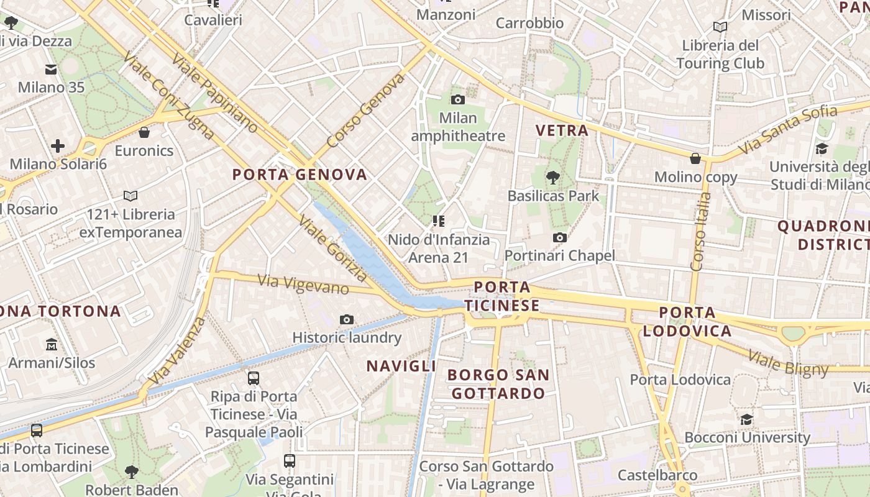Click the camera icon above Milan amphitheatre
pos(457,99)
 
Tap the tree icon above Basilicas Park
pos(552,178)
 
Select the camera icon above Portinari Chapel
pos(560,237)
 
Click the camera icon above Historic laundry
pos(347,319)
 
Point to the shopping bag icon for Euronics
pos(144,132)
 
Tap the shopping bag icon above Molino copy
pos(695,158)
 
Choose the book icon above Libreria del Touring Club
pos(720,27)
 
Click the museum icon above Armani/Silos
pos(52,344)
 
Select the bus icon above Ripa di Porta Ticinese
pos(254,378)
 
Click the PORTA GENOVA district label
pos(300,175)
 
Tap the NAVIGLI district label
pos(401,366)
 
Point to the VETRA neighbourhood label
pos(562,130)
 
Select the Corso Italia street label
pos(700,231)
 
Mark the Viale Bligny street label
pos(788,363)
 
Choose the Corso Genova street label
pos(365,111)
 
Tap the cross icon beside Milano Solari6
pos(58,146)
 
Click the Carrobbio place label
pos(529,24)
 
